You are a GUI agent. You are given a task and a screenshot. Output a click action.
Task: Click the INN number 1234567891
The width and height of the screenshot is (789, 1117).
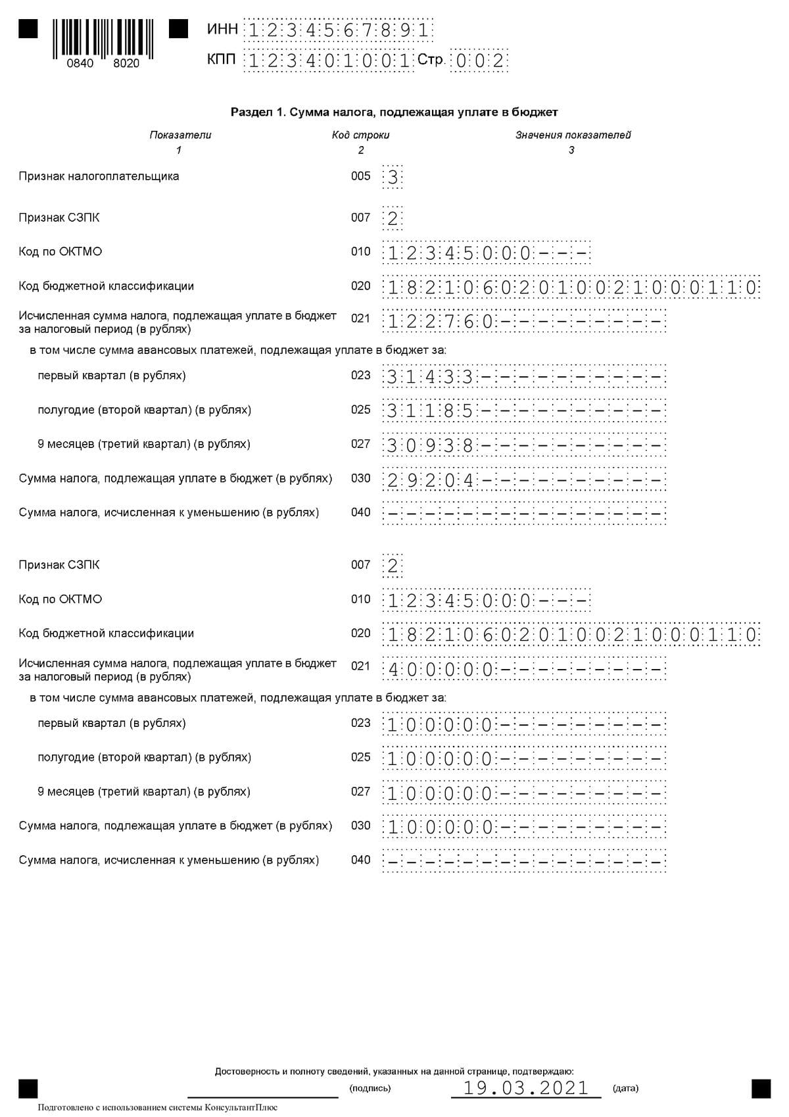click(338, 30)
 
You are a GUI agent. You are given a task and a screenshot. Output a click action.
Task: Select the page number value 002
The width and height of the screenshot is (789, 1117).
click(479, 61)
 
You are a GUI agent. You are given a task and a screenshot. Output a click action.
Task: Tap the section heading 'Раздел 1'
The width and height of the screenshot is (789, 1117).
click(394, 112)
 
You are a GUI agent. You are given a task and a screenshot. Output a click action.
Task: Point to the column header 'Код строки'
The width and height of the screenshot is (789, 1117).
click(360, 135)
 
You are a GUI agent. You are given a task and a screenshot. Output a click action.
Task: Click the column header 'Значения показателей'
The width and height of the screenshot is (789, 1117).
click(573, 135)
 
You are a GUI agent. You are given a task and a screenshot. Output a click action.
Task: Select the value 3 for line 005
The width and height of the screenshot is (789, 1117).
click(393, 177)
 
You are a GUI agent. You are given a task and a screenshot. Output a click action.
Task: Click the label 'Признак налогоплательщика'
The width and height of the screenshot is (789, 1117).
click(99, 176)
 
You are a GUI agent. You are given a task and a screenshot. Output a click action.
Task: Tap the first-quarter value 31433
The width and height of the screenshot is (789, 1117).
click(430, 378)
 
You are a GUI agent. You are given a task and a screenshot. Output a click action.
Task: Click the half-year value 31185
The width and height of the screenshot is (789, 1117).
click(430, 412)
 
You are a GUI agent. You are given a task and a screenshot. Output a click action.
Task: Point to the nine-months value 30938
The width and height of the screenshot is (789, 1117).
click(430, 446)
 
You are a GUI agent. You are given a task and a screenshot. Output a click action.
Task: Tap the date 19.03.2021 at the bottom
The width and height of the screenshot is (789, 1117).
click(526, 1087)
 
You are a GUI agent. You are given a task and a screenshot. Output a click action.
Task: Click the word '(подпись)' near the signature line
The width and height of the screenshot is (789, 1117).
click(370, 1088)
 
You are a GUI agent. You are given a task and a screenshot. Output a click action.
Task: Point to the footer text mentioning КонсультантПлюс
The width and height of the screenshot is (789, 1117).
click(158, 1107)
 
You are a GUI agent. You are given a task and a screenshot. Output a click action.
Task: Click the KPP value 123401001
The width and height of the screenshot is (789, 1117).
click(329, 61)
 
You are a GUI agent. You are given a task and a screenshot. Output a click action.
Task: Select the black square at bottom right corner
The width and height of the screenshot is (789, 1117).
click(761, 1089)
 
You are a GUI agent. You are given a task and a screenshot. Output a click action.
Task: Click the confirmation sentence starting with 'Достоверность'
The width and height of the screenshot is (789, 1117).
click(394, 1072)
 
